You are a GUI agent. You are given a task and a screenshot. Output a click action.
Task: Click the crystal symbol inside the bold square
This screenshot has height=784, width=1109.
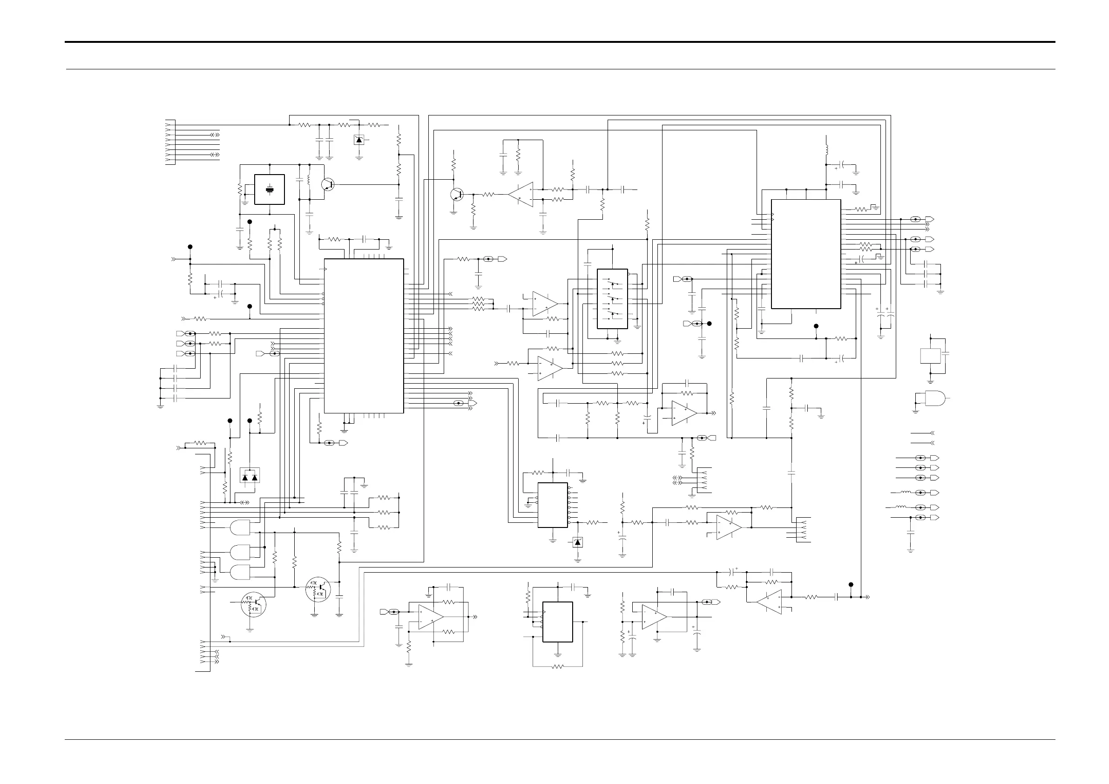pyautogui.click(x=270, y=189)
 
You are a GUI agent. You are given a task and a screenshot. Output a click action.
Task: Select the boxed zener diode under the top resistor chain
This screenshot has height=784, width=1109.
pyautogui.click(x=359, y=140)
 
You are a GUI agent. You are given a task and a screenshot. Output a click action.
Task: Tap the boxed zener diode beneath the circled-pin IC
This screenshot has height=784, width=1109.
pyautogui.click(x=578, y=542)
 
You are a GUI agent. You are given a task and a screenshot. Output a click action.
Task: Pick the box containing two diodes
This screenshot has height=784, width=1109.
pyautogui.click(x=250, y=475)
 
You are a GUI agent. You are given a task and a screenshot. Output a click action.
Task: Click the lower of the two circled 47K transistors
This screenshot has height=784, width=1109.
pyautogui.click(x=254, y=604)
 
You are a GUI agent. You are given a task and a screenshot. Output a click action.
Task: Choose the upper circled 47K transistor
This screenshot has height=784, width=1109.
pyautogui.click(x=318, y=589)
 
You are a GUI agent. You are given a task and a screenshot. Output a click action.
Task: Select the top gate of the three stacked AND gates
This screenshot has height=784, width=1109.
pyautogui.click(x=241, y=527)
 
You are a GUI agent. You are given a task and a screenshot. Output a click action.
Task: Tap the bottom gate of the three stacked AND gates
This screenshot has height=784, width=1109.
pyautogui.click(x=241, y=573)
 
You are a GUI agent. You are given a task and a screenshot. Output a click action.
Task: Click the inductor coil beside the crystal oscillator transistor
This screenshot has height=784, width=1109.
pyautogui.click(x=309, y=177)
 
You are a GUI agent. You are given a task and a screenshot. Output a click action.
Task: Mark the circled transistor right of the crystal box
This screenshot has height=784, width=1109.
pyautogui.click(x=328, y=184)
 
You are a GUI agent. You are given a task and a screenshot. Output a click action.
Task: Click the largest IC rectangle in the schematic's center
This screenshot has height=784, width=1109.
pyautogui.click(x=364, y=336)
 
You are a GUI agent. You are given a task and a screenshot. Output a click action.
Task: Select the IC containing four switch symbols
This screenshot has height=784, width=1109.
pyautogui.click(x=612, y=298)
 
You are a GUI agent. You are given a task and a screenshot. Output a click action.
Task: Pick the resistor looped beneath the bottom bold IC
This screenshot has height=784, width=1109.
pyautogui.click(x=557, y=667)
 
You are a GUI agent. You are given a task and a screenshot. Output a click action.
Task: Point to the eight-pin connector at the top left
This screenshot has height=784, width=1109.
pyautogui.click(x=170, y=142)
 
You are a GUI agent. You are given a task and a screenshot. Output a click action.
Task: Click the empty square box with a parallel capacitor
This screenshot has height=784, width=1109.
pyautogui.click(x=930, y=356)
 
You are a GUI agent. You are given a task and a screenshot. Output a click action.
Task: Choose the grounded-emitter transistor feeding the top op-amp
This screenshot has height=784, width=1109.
pyautogui.click(x=456, y=194)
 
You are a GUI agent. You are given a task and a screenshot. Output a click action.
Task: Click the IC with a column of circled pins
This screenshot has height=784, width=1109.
pyautogui.click(x=553, y=505)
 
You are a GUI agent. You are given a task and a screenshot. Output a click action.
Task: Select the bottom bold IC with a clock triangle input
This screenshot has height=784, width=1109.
pyautogui.click(x=557, y=622)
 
